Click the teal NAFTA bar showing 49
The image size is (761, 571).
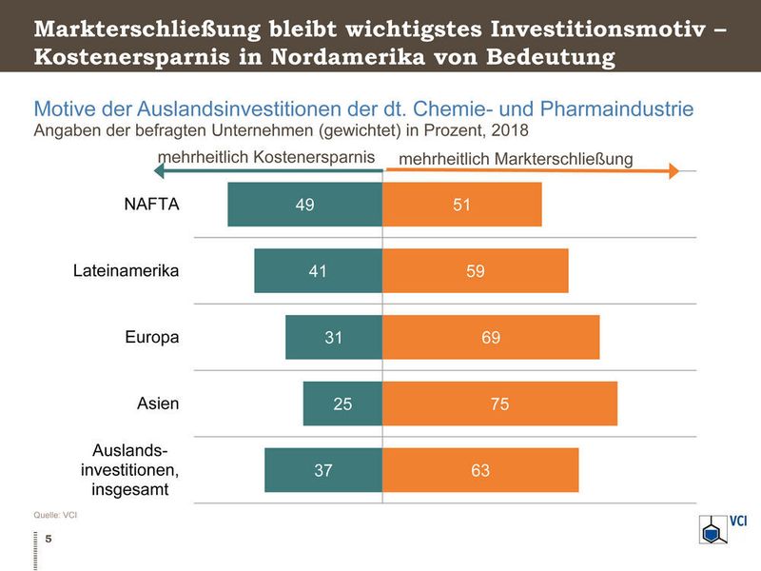(x=304, y=205)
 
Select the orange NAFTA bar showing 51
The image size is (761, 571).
(x=462, y=205)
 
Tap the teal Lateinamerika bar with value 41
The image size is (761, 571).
(x=318, y=271)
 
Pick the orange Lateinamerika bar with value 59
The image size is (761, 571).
(x=476, y=271)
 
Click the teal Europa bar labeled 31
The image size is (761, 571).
(x=334, y=337)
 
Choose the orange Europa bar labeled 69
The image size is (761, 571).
(x=491, y=337)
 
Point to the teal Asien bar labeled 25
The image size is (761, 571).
(x=342, y=404)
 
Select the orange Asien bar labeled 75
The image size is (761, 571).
(x=499, y=404)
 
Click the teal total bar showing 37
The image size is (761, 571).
(x=323, y=470)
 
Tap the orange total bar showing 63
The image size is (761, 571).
(x=480, y=470)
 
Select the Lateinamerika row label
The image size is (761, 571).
(x=126, y=270)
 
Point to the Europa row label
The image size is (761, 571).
(x=152, y=337)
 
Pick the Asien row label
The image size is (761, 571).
(x=158, y=404)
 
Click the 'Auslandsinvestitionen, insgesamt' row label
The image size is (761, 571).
(x=135, y=469)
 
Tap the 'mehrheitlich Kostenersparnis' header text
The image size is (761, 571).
(x=265, y=156)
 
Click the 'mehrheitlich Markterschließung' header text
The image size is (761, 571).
(x=515, y=158)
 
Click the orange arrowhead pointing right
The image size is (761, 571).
(x=673, y=172)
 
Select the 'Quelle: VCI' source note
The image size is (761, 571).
(x=55, y=515)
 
